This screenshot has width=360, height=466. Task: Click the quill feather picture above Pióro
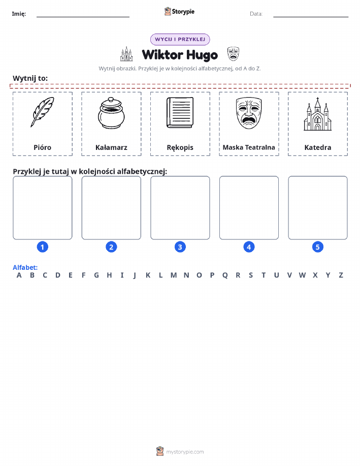(42, 112)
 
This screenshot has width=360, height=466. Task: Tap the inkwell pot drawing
(111, 113)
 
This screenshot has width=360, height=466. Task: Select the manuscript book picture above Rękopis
(180, 113)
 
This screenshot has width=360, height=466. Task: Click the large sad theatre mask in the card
(249, 113)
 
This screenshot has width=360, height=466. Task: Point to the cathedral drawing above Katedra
(317, 114)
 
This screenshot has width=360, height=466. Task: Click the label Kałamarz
(111, 147)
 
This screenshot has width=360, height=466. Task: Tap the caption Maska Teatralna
(249, 147)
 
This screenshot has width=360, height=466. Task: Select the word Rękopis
(180, 148)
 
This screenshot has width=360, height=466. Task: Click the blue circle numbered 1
(43, 246)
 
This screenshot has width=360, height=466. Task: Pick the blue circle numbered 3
(180, 246)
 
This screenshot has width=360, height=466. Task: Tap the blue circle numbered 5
(317, 246)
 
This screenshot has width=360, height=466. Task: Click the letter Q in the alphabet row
(225, 275)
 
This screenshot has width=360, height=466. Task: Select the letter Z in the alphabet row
(341, 275)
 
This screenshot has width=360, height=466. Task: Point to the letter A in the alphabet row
(19, 275)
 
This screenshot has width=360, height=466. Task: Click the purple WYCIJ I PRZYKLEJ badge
(180, 39)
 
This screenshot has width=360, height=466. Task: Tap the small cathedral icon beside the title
(126, 54)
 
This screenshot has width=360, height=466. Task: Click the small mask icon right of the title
(233, 54)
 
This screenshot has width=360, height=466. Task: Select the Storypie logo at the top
(179, 12)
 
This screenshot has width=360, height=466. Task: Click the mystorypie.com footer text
(185, 452)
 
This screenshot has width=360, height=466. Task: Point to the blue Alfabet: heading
(25, 267)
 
